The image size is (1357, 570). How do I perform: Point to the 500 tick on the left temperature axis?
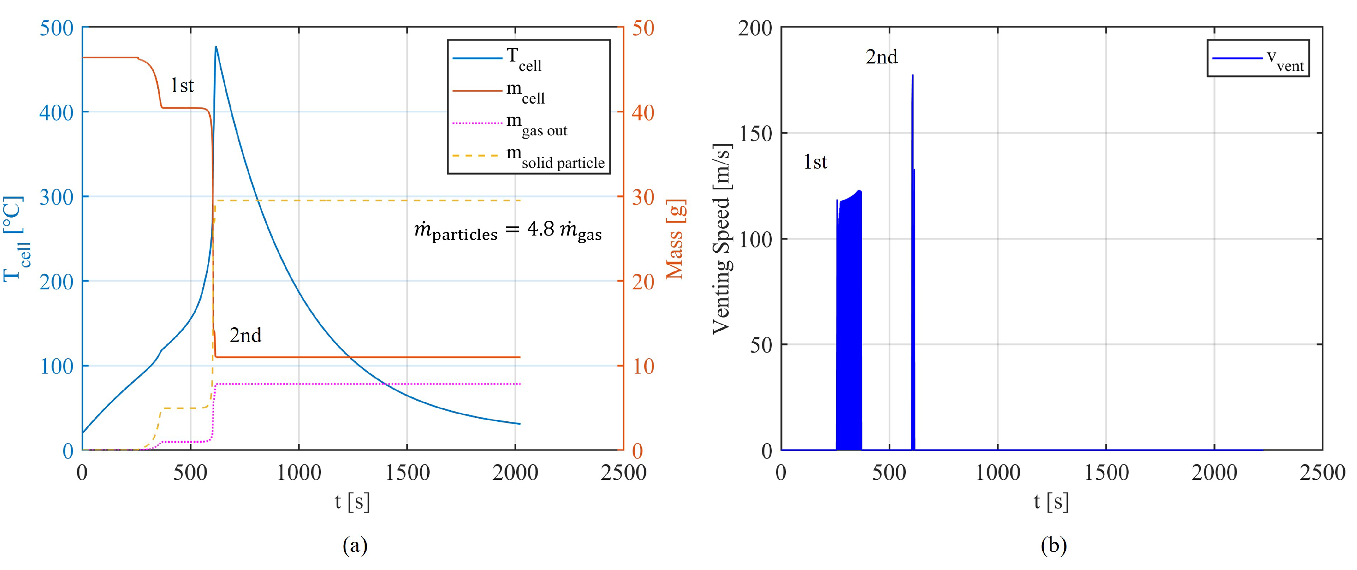(57, 28)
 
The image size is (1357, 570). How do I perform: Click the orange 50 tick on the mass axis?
(643, 28)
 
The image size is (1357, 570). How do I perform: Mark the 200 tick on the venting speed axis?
(755, 28)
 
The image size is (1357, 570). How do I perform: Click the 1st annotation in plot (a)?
(182, 85)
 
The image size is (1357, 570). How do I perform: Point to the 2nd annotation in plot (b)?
(881, 57)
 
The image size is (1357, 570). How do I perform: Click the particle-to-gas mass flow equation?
(508, 231)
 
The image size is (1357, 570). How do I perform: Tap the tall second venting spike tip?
(913, 75)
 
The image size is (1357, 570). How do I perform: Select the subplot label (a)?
(355, 545)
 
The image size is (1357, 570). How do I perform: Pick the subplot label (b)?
(1053, 545)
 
